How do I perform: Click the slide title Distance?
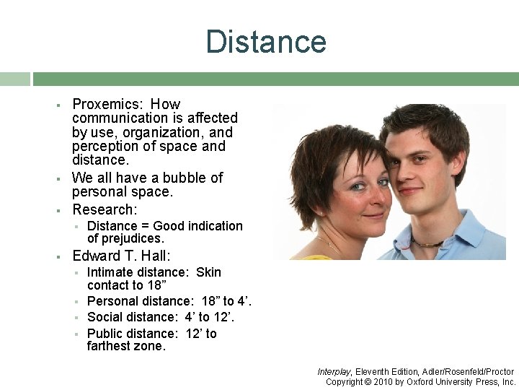pos(266,42)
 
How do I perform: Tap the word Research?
pos(104,209)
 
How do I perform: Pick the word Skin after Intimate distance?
pos(208,272)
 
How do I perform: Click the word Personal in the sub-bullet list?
pos(112,301)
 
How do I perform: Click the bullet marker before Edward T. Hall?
pos(57,256)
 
